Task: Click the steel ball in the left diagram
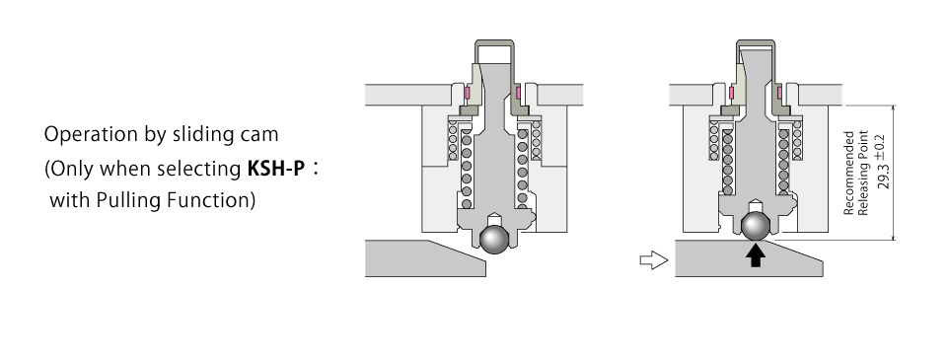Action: coord(494,240)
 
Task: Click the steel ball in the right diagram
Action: coord(755,226)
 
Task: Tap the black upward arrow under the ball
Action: coord(755,254)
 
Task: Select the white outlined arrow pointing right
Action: coord(654,260)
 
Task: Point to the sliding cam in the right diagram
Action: coord(749,258)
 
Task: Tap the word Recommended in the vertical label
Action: coord(848,173)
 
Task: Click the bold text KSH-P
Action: coord(275,168)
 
